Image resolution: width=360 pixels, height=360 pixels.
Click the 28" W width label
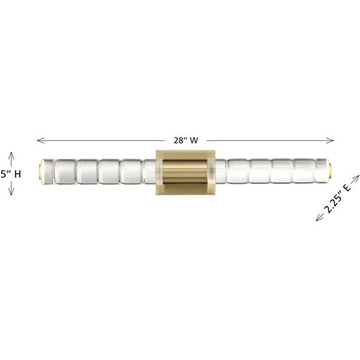pyautogui.click(x=184, y=139)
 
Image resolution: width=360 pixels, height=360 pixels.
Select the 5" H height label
pyautogui.click(x=11, y=175)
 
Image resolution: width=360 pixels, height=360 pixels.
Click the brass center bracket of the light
pyautogui.click(x=185, y=174)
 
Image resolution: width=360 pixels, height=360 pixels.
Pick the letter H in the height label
pyautogui.click(x=17, y=175)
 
